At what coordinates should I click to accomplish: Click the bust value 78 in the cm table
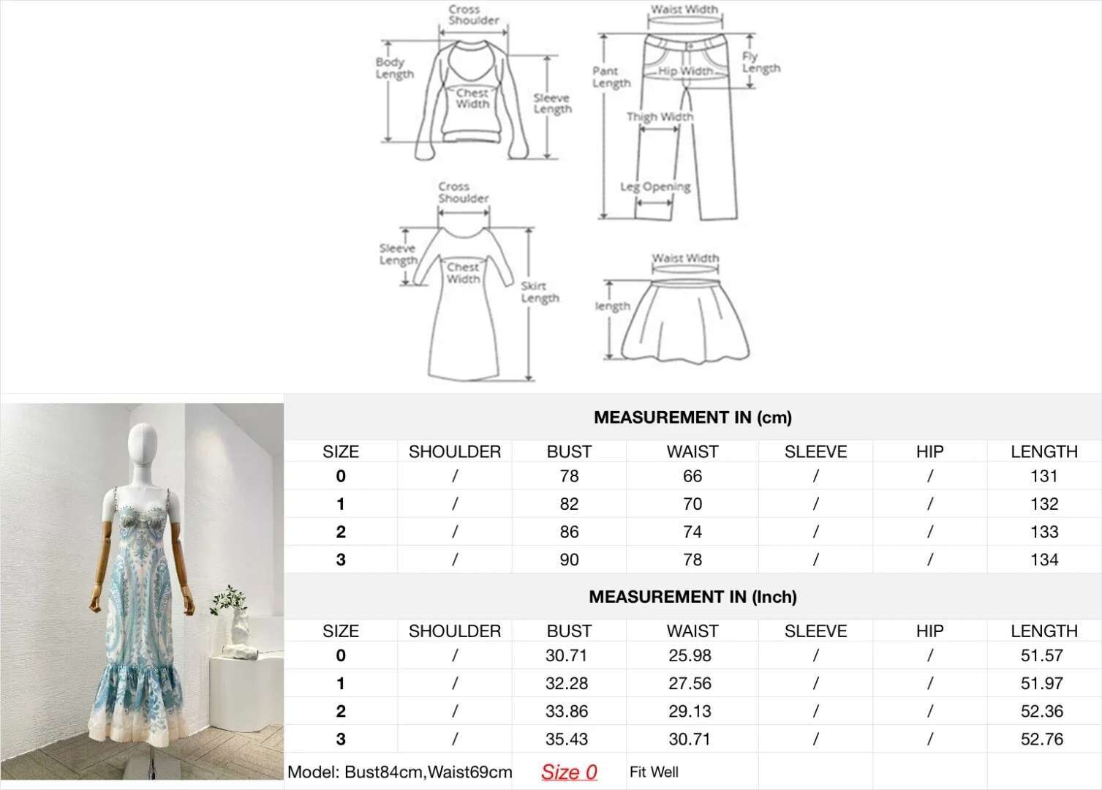point(569,476)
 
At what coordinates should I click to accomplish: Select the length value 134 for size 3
point(1044,560)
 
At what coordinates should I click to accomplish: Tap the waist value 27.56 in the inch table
point(690,683)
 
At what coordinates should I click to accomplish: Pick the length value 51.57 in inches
point(1042,655)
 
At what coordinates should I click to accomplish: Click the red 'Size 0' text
point(569,772)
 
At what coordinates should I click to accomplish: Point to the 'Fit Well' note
point(654,772)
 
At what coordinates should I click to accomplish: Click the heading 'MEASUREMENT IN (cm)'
point(692,418)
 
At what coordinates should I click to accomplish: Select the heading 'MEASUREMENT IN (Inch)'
point(692,597)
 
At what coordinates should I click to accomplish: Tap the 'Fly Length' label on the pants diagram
point(761,62)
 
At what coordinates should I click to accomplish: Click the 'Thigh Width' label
point(660,116)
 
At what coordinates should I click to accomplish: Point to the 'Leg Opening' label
point(655,187)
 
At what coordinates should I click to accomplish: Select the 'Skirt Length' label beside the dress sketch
point(540,293)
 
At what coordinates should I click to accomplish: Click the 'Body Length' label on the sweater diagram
point(395,68)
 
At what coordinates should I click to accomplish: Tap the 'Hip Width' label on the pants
point(685,71)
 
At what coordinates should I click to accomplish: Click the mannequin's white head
point(142,445)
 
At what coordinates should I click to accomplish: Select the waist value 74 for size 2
point(692,532)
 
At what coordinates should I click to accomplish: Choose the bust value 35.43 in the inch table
point(567,739)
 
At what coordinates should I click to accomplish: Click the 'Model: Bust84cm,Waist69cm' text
point(399,772)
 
